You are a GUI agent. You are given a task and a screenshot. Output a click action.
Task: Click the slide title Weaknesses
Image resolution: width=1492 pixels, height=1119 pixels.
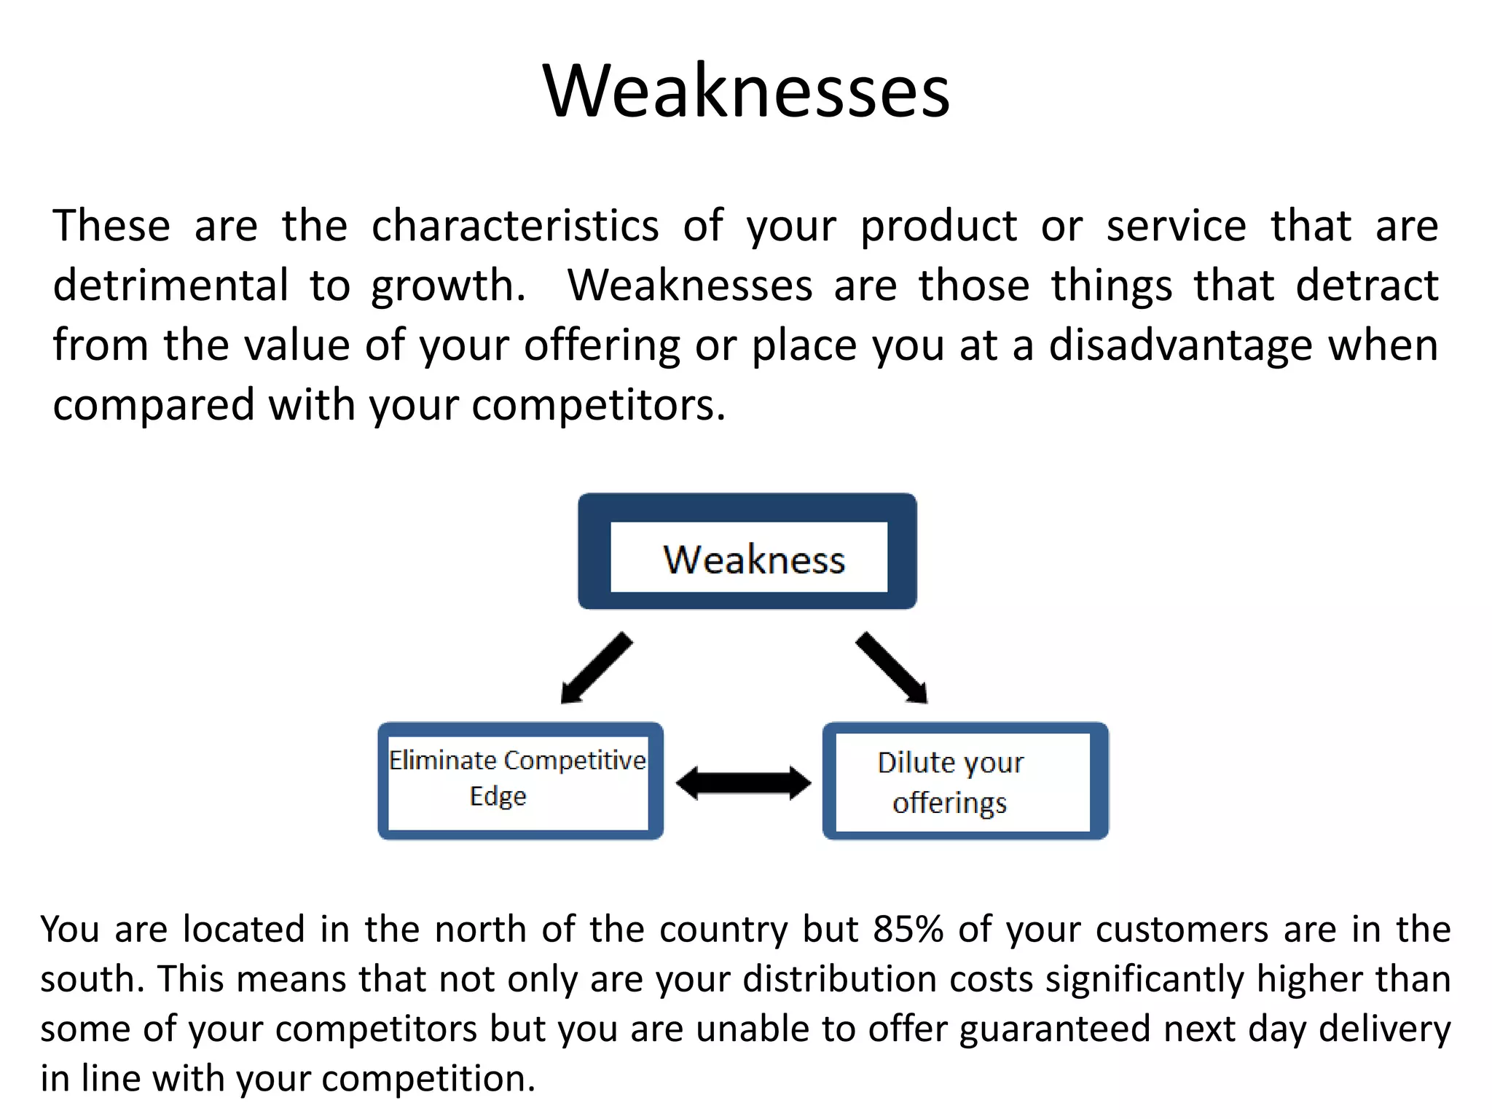pos(746,91)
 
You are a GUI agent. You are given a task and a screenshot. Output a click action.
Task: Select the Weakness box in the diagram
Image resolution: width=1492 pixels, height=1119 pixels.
pos(747,551)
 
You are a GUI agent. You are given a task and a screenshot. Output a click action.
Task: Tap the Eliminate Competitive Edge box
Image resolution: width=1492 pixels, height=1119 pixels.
pos(519,780)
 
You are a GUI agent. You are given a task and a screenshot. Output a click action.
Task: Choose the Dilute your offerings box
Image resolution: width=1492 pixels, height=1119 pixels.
pos(965,781)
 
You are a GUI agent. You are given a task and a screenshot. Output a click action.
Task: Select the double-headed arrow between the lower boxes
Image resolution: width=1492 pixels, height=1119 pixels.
pos(743,783)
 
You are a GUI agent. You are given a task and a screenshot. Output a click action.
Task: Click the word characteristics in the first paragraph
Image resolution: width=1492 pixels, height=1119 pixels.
pos(515,226)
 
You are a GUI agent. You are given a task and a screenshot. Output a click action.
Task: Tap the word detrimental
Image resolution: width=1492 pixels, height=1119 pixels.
pos(170,286)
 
